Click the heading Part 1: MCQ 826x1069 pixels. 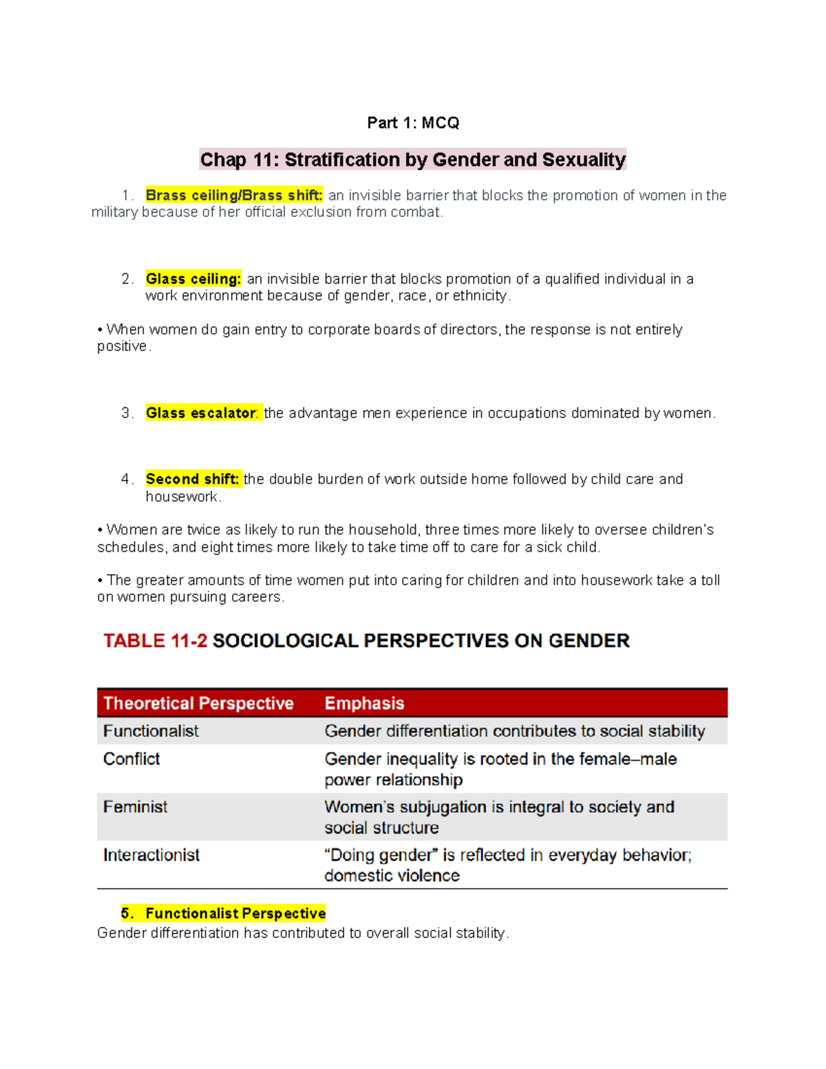pos(413,123)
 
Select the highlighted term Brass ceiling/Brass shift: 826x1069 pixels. pos(234,195)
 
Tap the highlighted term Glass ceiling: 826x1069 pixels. pos(193,279)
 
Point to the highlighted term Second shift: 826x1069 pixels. pos(193,479)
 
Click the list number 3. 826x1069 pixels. pos(126,413)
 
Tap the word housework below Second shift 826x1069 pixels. pos(182,496)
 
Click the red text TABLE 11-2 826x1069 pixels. pos(155,641)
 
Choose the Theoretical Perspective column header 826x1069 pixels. pos(198,703)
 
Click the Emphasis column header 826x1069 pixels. pos(364,703)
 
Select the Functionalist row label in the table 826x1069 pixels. pos(151,731)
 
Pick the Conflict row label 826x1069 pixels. pos(131,759)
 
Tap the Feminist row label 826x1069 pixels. pos(135,807)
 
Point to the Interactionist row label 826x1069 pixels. pos(151,855)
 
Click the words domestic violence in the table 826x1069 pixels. pos(392,876)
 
